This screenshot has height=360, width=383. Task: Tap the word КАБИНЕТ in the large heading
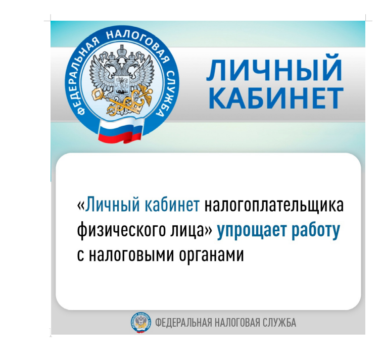click(276, 98)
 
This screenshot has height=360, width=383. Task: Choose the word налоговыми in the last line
click(131, 255)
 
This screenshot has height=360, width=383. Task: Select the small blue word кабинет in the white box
click(172, 204)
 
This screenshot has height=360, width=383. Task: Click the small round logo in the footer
click(140, 323)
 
